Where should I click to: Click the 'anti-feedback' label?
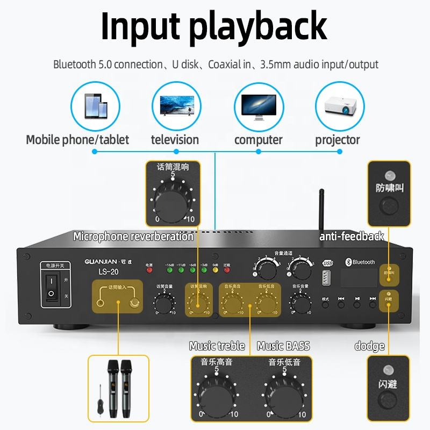pyautogui.click(x=352, y=236)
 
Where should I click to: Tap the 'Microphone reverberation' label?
pyautogui.click(x=133, y=236)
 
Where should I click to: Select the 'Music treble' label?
pyautogui.click(x=217, y=346)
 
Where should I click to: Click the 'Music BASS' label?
pyautogui.click(x=283, y=346)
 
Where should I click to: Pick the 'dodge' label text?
pyautogui.click(x=369, y=346)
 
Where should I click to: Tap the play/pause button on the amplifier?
pyautogui.click(x=357, y=304)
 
